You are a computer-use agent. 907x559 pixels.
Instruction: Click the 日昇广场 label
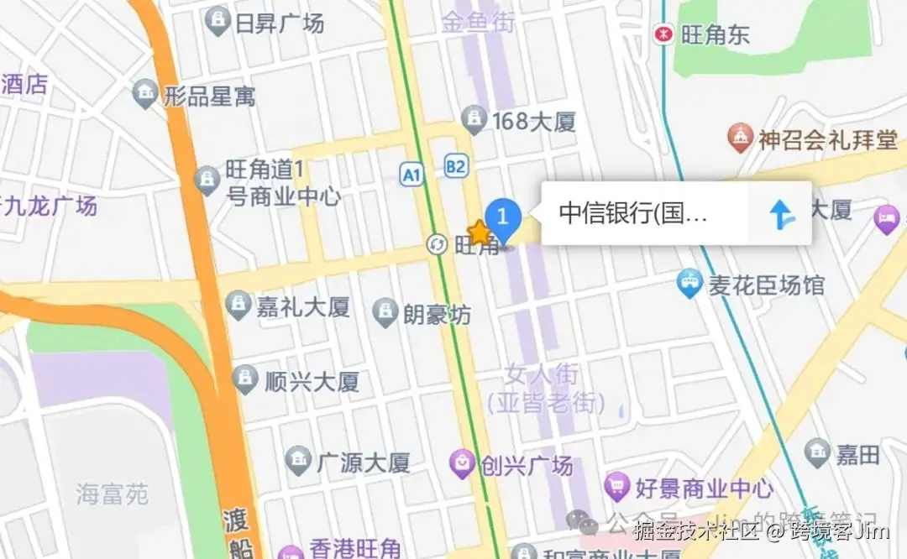[280, 23]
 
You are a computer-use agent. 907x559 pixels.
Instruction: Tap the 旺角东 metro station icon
[664, 34]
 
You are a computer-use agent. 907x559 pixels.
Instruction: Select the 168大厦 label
[534, 121]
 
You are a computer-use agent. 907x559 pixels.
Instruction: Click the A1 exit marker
[410, 175]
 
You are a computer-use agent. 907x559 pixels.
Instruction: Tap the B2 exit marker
[455, 167]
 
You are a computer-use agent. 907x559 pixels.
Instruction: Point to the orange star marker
[479, 232]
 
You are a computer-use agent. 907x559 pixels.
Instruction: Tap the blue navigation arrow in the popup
[781, 214]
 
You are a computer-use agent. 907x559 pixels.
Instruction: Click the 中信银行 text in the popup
[634, 213]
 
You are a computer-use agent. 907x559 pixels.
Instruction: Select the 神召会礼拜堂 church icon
[740, 138]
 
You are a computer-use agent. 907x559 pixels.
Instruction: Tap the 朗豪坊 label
[437, 314]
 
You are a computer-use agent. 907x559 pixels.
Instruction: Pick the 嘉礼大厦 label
[302, 306]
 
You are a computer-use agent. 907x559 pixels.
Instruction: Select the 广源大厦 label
[363, 461]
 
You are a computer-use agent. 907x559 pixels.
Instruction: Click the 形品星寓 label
[209, 96]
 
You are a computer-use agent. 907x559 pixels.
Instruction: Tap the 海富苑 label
[112, 494]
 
